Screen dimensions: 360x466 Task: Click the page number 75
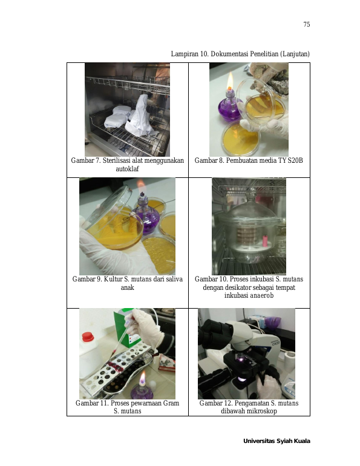pyautogui.click(x=307, y=24)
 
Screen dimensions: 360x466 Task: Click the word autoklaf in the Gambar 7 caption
pyautogui.click(x=127, y=169)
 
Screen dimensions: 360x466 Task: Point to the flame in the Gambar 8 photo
pyautogui.click(x=229, y=82)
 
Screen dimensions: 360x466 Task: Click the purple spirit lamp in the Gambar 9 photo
pyautogui.click(x=145, y=212)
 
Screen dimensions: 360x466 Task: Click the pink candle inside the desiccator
pyautogui.click(x=264, y=241)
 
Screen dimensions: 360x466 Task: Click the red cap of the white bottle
pyautogui.click(x=88, y=337)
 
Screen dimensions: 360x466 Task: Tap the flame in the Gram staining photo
pyautogui.click(x=143, y=378)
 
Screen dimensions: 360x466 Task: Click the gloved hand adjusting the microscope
pyautogui.click(x=269, y=386)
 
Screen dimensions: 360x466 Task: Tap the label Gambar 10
pyautogui.click(x=211, y=279)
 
